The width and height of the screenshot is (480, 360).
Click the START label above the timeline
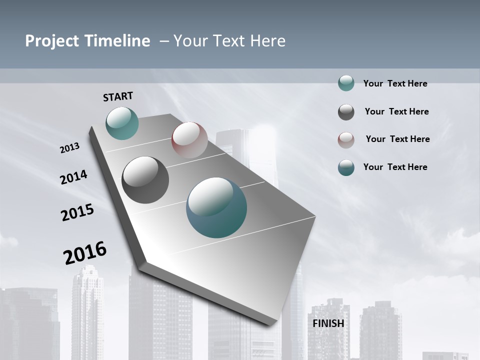pyautogui.click(x=118, y=96)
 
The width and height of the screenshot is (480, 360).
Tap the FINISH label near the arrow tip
pyautogui.click(x=328, y=323)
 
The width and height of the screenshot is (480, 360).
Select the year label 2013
pyautogui.click(x=69, y=147)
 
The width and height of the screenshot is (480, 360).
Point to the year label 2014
pyautogui.click(x=73, y=177)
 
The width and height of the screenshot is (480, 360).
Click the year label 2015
pyautogui.click(x=77, y=212)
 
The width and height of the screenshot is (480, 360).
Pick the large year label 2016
pyautogui.click(x=85, y=252)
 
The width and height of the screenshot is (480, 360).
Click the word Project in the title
pyautogui.click(x=51, y=41)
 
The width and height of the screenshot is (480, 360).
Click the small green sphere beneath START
pyautogui.click(x=122, y=123)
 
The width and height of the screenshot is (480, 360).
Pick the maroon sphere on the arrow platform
pyautogui.click(x=189, y=140)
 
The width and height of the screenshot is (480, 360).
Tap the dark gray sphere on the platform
pyautogui.click(x=145, y=179)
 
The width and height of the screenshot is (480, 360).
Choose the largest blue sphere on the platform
pyautogui.click(x=216, y=207)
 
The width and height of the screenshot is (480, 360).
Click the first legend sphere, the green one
pyautogui.click(x=346, y=83)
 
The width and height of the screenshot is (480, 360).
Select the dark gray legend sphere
pyautogui.click(x=346, y=112)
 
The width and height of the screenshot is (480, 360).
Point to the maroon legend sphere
pyautogui.click(x=346, y=140)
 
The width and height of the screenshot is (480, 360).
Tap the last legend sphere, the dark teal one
pyautogui.click(x=346, y=167)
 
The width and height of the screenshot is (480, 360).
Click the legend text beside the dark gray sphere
pyautogui.click(x=396, y=111)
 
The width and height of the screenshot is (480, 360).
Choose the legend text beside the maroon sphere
pyautogui.click(x=397, y=139)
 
